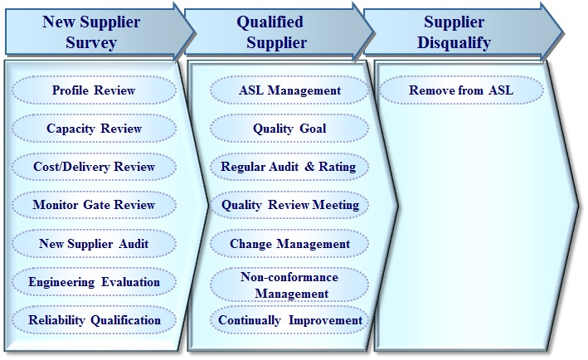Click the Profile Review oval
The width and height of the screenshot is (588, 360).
(94, 90)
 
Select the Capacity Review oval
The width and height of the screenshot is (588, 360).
(94, 129)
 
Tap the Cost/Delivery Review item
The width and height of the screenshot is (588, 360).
(94, 167)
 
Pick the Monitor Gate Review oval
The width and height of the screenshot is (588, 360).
(94, 205)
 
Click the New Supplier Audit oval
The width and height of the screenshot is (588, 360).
(94, 243)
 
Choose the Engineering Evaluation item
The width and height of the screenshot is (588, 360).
(94, 282)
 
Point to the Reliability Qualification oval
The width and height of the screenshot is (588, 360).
(94, 320)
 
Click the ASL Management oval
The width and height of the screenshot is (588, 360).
(289, 90)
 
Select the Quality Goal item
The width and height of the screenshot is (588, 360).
(289, 129)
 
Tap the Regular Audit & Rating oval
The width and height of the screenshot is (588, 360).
(289, 167)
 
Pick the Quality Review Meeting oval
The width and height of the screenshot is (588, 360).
(289, 205)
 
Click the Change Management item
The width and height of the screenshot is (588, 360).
(289, 243)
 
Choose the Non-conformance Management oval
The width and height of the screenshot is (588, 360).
(289, 285)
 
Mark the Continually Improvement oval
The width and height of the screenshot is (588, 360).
(289, 320)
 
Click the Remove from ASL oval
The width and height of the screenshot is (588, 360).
(461, 90)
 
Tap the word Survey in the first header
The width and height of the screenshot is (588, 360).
(91, 42)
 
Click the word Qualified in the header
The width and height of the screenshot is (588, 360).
(270, 22)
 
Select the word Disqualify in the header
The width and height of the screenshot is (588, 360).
(454, 43)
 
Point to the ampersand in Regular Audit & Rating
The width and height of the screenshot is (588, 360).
(309, 167)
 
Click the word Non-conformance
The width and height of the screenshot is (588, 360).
(289, 277)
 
